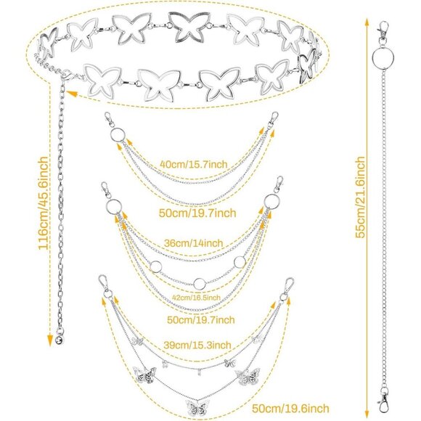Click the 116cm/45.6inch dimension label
click(x=44, y=203)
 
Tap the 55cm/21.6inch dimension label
click(x=360, y=197)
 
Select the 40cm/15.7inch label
click(x=194, y=164)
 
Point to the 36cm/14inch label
click(x=194, y=243)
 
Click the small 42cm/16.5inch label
click(x=196, y=298)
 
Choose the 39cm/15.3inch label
click(x=197, y=345)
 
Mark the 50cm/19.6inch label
click(x=290, y=409)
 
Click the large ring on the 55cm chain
click(x=383, y=58)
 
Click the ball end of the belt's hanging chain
click(x=60, y=340)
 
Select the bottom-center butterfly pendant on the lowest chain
click(x=197, y=409)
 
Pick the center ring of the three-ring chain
click(x=200, y=284)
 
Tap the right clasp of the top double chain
click(x=274, y=118)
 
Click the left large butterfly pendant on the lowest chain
click(x=144, y=375)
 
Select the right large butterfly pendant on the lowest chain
click(x=248, y=376)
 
